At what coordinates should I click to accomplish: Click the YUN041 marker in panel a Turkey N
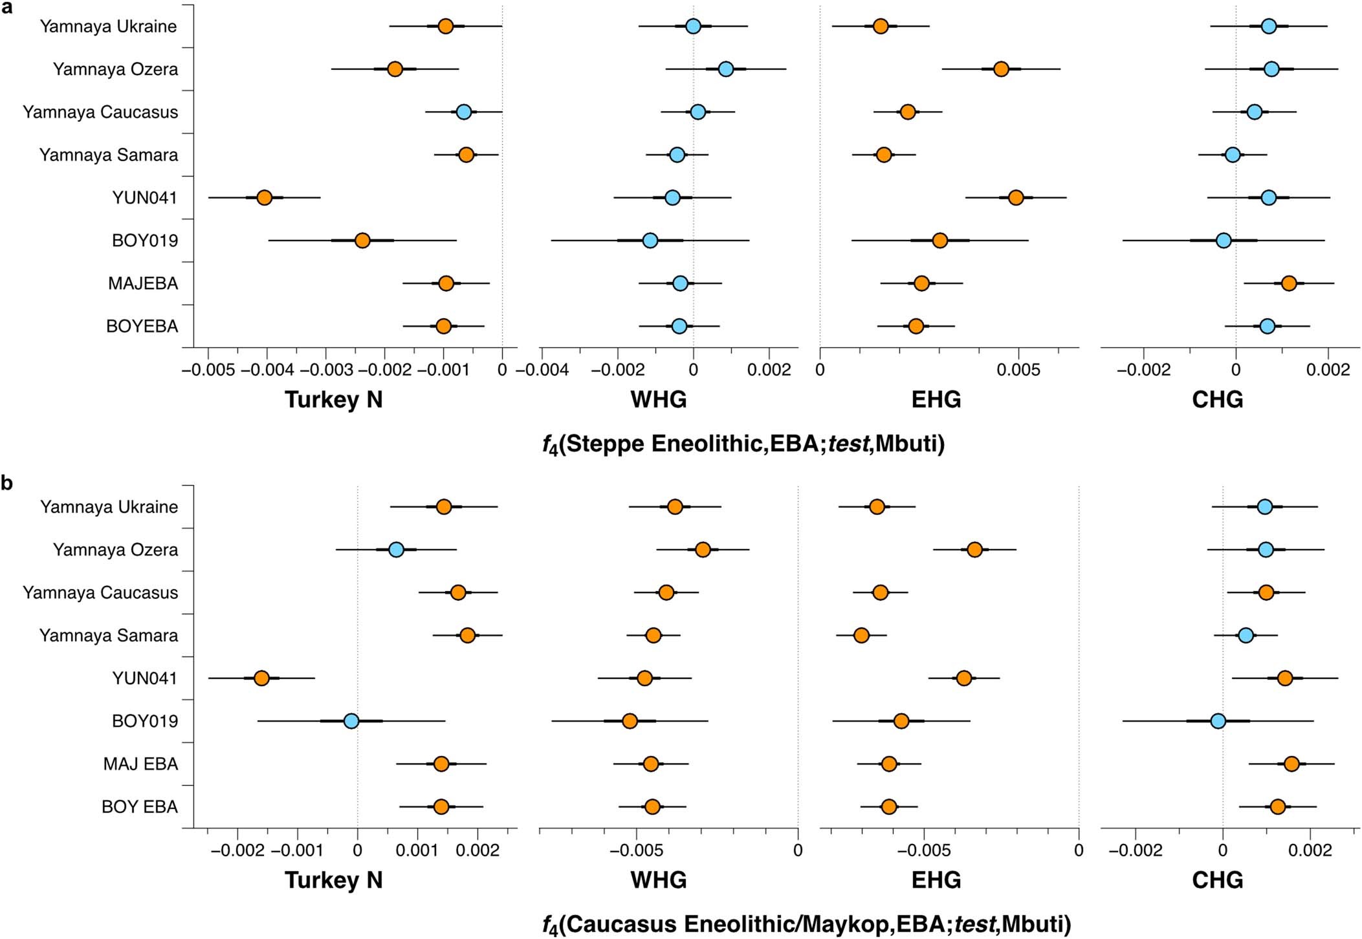click(x=264, y=197)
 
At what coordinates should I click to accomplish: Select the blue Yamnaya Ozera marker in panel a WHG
click(x=725, y=69)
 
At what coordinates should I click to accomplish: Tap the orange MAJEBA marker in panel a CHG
click(x=1288, y=283)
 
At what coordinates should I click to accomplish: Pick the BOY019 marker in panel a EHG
click(x=939, y=241)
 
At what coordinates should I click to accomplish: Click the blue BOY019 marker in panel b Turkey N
click(x=351, y=721)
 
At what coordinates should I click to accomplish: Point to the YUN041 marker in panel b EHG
click(x=963, y=678)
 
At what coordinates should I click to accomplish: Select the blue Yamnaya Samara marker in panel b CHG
click(x=1246, y=635)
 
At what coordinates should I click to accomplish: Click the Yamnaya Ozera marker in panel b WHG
click(x=703, y=550)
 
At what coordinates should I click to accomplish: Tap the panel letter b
click(x=7, y=483)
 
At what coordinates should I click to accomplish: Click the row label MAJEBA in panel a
click(x=143, y=283)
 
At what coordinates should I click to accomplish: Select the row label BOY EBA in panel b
click(x=140, y=807)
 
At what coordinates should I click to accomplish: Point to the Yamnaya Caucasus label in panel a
click(x=100, y=112)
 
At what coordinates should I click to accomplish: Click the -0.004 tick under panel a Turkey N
click(x=267, y=370)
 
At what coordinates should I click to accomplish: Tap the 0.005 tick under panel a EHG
click(x=1018, y=370)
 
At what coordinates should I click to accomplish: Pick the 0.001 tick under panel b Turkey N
click(x=417, y=850)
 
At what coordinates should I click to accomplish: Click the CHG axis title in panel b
click(x=1217, y=880)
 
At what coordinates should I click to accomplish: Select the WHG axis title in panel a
click(x=658, y=399)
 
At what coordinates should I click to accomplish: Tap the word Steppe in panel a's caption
click(x=605, y=444)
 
